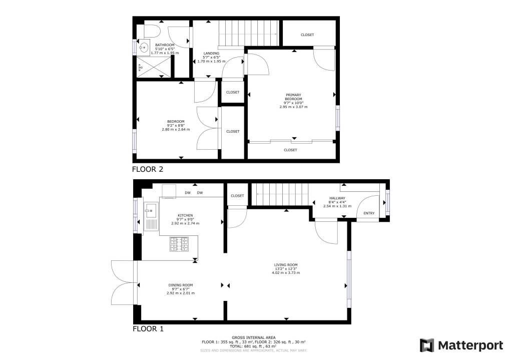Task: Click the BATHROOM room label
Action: (151, 45)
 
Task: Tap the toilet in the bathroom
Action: (152, 32)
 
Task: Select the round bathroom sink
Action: (144, 49)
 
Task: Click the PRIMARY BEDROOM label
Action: (293, 97)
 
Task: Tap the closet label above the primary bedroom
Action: (307, 35)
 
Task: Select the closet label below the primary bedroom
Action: (291, 150)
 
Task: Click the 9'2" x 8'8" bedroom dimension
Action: (176, 126)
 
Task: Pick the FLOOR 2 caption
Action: (148, 169)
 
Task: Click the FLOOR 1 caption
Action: (148, 329)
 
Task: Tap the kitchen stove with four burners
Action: (180, 245)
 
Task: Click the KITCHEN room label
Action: (185, 215)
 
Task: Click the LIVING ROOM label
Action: (286, 265)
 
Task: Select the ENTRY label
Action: (369, 214)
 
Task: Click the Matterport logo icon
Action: (427, 345)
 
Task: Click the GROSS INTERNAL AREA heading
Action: (254, 337)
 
